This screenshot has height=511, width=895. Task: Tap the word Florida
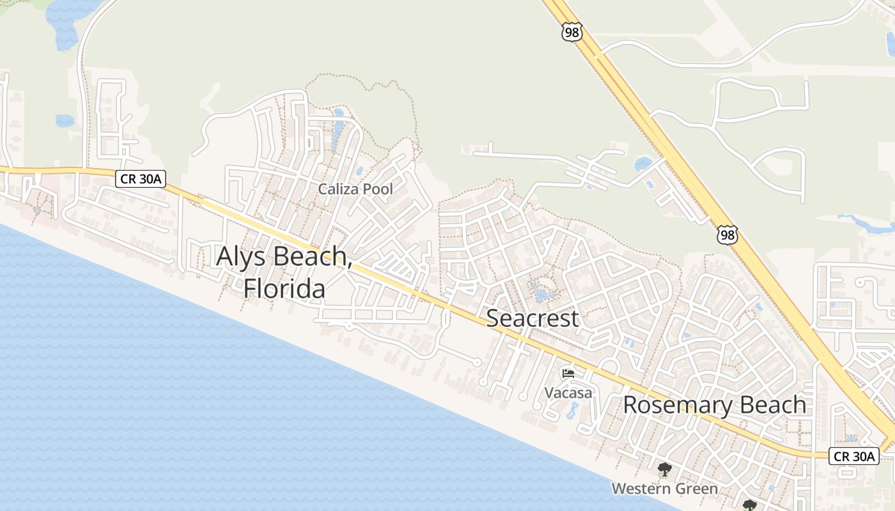[284, 288]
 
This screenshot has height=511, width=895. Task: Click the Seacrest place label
[533, 318]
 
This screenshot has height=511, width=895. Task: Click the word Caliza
[339, 189]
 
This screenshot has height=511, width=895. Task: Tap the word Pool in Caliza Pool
[379, 189]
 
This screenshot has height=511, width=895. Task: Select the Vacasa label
[568, 392]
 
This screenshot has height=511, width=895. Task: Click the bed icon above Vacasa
[568, 373]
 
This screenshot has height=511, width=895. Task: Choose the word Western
[642, 489]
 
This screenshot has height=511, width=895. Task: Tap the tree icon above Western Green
[665, 470]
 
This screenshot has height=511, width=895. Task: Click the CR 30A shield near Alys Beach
[141, 179]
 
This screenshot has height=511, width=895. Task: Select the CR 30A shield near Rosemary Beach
[854, 456]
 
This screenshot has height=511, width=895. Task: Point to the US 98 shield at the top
[572, 32]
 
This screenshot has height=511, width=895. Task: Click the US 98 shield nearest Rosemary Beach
[727, 234]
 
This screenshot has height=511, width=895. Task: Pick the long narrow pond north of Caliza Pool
[337, 131]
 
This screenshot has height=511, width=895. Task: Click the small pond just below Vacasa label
[570, 413]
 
